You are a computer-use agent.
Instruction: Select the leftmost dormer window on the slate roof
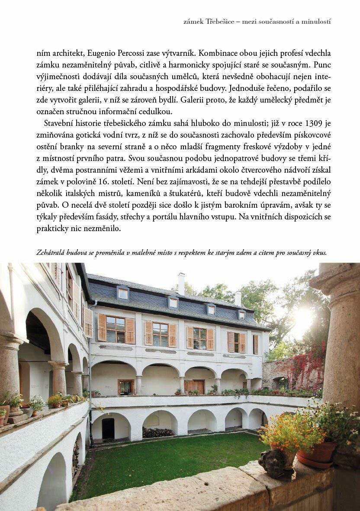[123, 293]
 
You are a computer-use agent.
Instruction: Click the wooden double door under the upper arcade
[194, 386]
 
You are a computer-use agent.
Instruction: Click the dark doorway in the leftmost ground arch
[108, 428]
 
